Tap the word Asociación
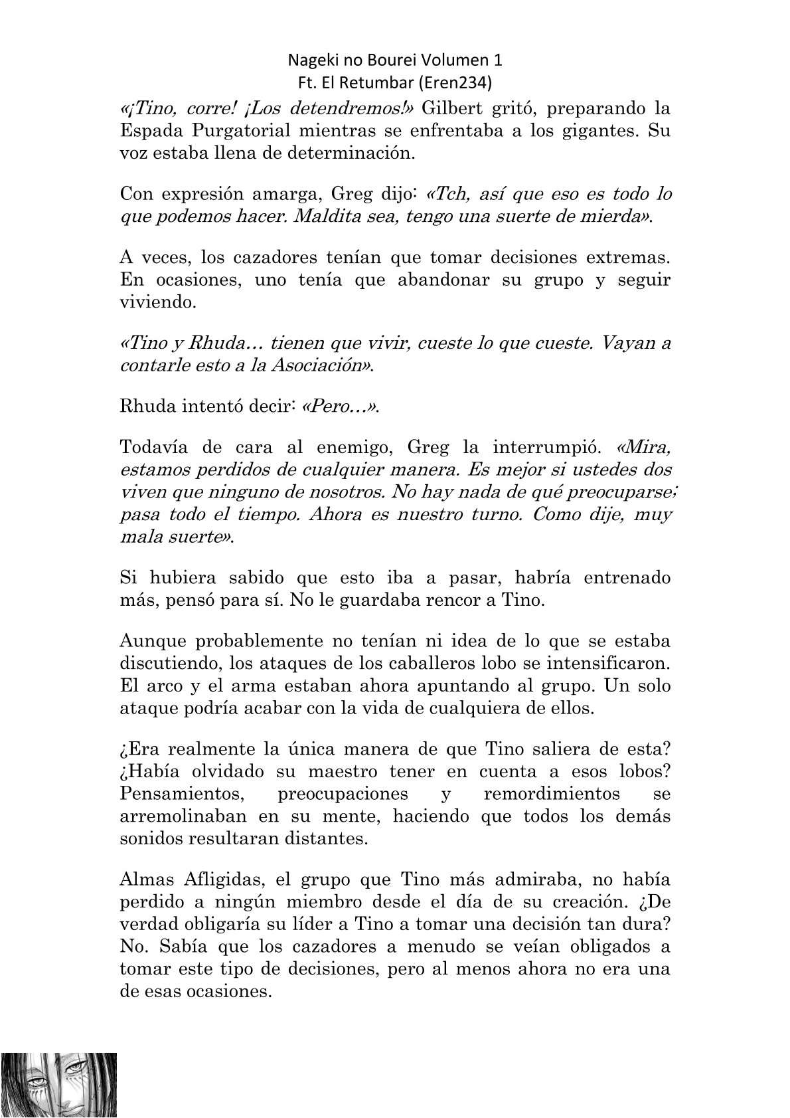point(317,366)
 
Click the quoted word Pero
point(339,408)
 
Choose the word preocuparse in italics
point(616,493)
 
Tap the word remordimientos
point(552,794)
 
